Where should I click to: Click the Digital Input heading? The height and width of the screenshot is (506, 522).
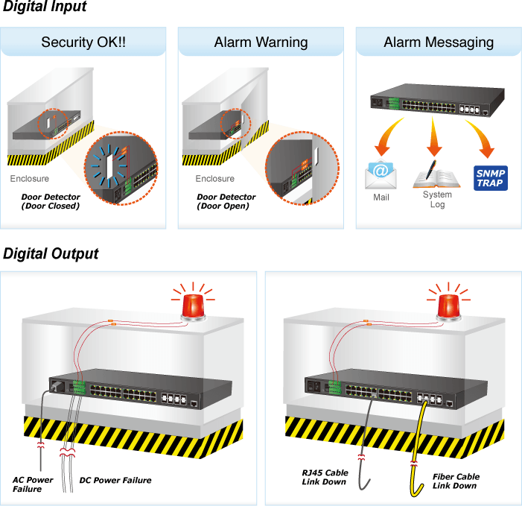(x=45, y=6)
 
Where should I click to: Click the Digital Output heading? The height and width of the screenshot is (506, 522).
(x=51, y=254)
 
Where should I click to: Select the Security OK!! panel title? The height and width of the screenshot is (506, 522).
(x=83, y=42)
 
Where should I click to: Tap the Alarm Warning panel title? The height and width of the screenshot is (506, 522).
(x=261, y=42)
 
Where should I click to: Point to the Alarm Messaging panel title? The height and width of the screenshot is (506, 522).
(x=439, y=42)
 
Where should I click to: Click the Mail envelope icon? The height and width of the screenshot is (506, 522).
(x=381, y=174)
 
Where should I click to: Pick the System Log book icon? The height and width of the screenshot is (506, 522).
(x=436, y=176)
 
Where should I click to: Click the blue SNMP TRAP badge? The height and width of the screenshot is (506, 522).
(x=491, y=178)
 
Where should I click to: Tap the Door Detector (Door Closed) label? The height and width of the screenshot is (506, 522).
(x=51, y=201)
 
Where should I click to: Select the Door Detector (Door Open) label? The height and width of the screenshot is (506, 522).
(x=226, y=201)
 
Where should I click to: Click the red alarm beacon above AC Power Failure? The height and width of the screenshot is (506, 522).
(x=193, y=306)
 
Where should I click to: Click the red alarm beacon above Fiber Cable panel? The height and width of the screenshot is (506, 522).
(x=448, y=306)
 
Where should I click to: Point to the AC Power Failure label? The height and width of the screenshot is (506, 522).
(x=32, y=484)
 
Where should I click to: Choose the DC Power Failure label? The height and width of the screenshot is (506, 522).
(x=115, y=480)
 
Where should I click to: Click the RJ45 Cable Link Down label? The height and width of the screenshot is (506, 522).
(x=325, y=478)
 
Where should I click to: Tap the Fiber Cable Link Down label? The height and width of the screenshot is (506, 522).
(x=456, y=481)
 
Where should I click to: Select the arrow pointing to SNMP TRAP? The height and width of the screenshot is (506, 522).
(x=481, y=136)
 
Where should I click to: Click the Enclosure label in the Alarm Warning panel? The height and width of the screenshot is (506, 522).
(x=214, y=179)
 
